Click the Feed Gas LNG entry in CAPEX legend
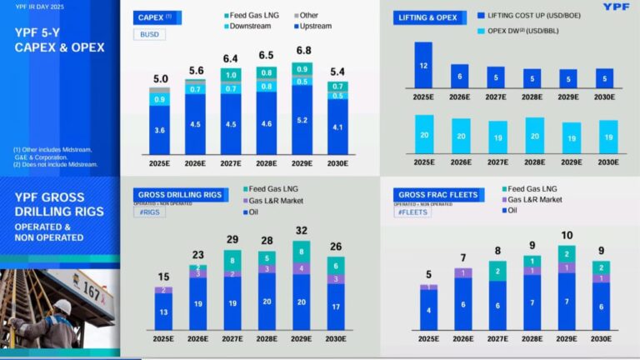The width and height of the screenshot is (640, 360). pyautogui.click(x=254, y=15)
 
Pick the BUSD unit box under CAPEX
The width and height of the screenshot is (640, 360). pyautogui.click(x=148, y=35)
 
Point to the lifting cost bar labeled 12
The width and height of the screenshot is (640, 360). pyautogui.click(x=423, y=65)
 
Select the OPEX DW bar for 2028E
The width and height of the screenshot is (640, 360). pyautogui.click(x=531, y=136)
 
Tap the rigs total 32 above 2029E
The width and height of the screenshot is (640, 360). pyautogui.click(x=302, y=231)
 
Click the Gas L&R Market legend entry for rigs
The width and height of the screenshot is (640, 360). pyautogui.click(x=276, y=201)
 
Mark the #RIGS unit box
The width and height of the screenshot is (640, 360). pyautogui.click(x=152, y=212)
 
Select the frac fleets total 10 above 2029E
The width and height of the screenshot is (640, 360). pyautogui.click(x=567, y=236)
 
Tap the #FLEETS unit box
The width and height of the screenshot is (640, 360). pyautogui.click(x=412, y=212)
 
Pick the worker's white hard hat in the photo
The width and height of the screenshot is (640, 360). pyautogui.click(x=61, y=305)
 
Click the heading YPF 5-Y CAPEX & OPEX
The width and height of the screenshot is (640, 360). pyautogui.click(x=59, y=41)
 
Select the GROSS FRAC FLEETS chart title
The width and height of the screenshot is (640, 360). pyautogui.click(x=437, y=195)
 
